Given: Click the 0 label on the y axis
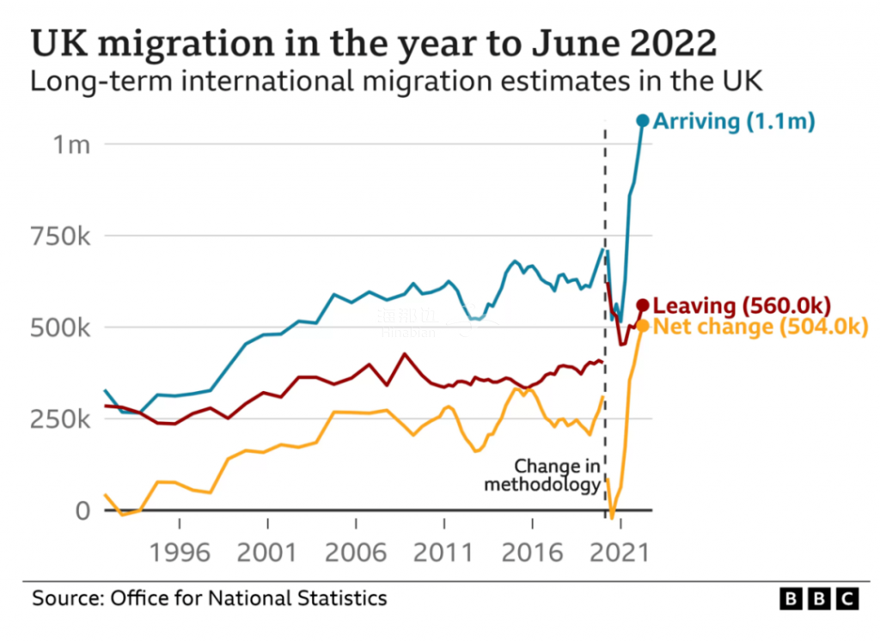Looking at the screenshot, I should point(82,511).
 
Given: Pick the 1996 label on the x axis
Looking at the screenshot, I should point(179,552).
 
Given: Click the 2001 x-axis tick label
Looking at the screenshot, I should point(267,552).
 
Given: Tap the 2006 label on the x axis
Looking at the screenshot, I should point(356,552).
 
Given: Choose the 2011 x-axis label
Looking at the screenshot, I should point(444,552).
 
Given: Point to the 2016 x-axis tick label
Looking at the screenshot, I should point(533,552).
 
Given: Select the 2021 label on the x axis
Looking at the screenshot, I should point(620,552).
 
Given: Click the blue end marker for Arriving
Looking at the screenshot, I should point(642,121).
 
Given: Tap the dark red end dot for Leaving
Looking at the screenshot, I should point(643,305).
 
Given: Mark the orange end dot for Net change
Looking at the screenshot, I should point(643,326).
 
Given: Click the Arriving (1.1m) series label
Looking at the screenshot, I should point(734,121).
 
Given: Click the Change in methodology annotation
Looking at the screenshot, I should point(542,476).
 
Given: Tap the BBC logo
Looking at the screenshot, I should point(818,598).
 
